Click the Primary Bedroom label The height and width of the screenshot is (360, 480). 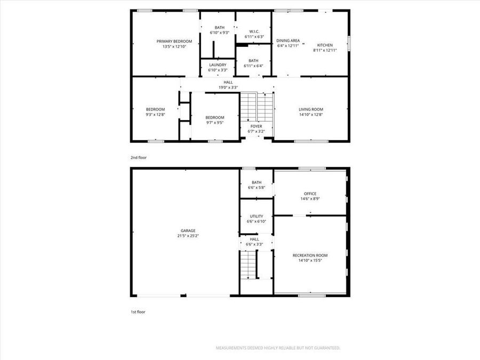[174, 41]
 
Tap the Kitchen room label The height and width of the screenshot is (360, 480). [325, 45]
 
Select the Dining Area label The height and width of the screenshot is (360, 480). [288, 41]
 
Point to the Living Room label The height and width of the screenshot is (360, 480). [310, 109]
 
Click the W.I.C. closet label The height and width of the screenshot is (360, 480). [254, 31]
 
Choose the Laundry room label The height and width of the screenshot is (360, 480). [218, 65]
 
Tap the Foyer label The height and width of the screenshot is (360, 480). [256, 126]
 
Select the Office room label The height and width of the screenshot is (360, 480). [310, 194]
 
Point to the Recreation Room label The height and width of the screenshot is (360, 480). [310, 255]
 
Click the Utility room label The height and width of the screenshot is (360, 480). [256, 217]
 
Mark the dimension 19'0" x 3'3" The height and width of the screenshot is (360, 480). [228, 87]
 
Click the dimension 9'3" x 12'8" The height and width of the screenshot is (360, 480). [155, 114]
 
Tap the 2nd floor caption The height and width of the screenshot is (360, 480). [139, 158]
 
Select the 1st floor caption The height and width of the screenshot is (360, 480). [138, 312]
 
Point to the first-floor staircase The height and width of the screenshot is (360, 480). [248, 265]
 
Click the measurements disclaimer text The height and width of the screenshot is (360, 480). [277, 348]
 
